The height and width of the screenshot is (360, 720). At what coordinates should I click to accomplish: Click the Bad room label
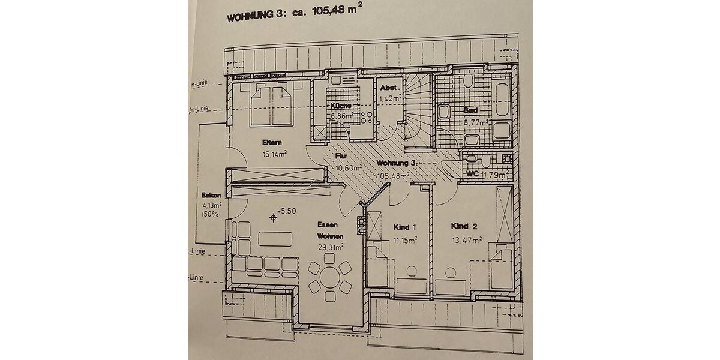coord(470,111)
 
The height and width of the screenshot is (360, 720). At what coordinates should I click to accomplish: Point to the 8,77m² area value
coord(476,122)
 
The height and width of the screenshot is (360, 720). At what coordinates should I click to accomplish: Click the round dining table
coord(328,278)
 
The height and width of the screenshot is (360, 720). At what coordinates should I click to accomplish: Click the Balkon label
coord(212,196)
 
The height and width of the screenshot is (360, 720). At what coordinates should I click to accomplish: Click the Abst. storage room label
coord(389,88)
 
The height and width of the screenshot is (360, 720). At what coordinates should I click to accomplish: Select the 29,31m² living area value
coord(330,247)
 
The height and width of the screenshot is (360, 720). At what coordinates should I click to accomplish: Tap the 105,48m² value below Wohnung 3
coord(392,176)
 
